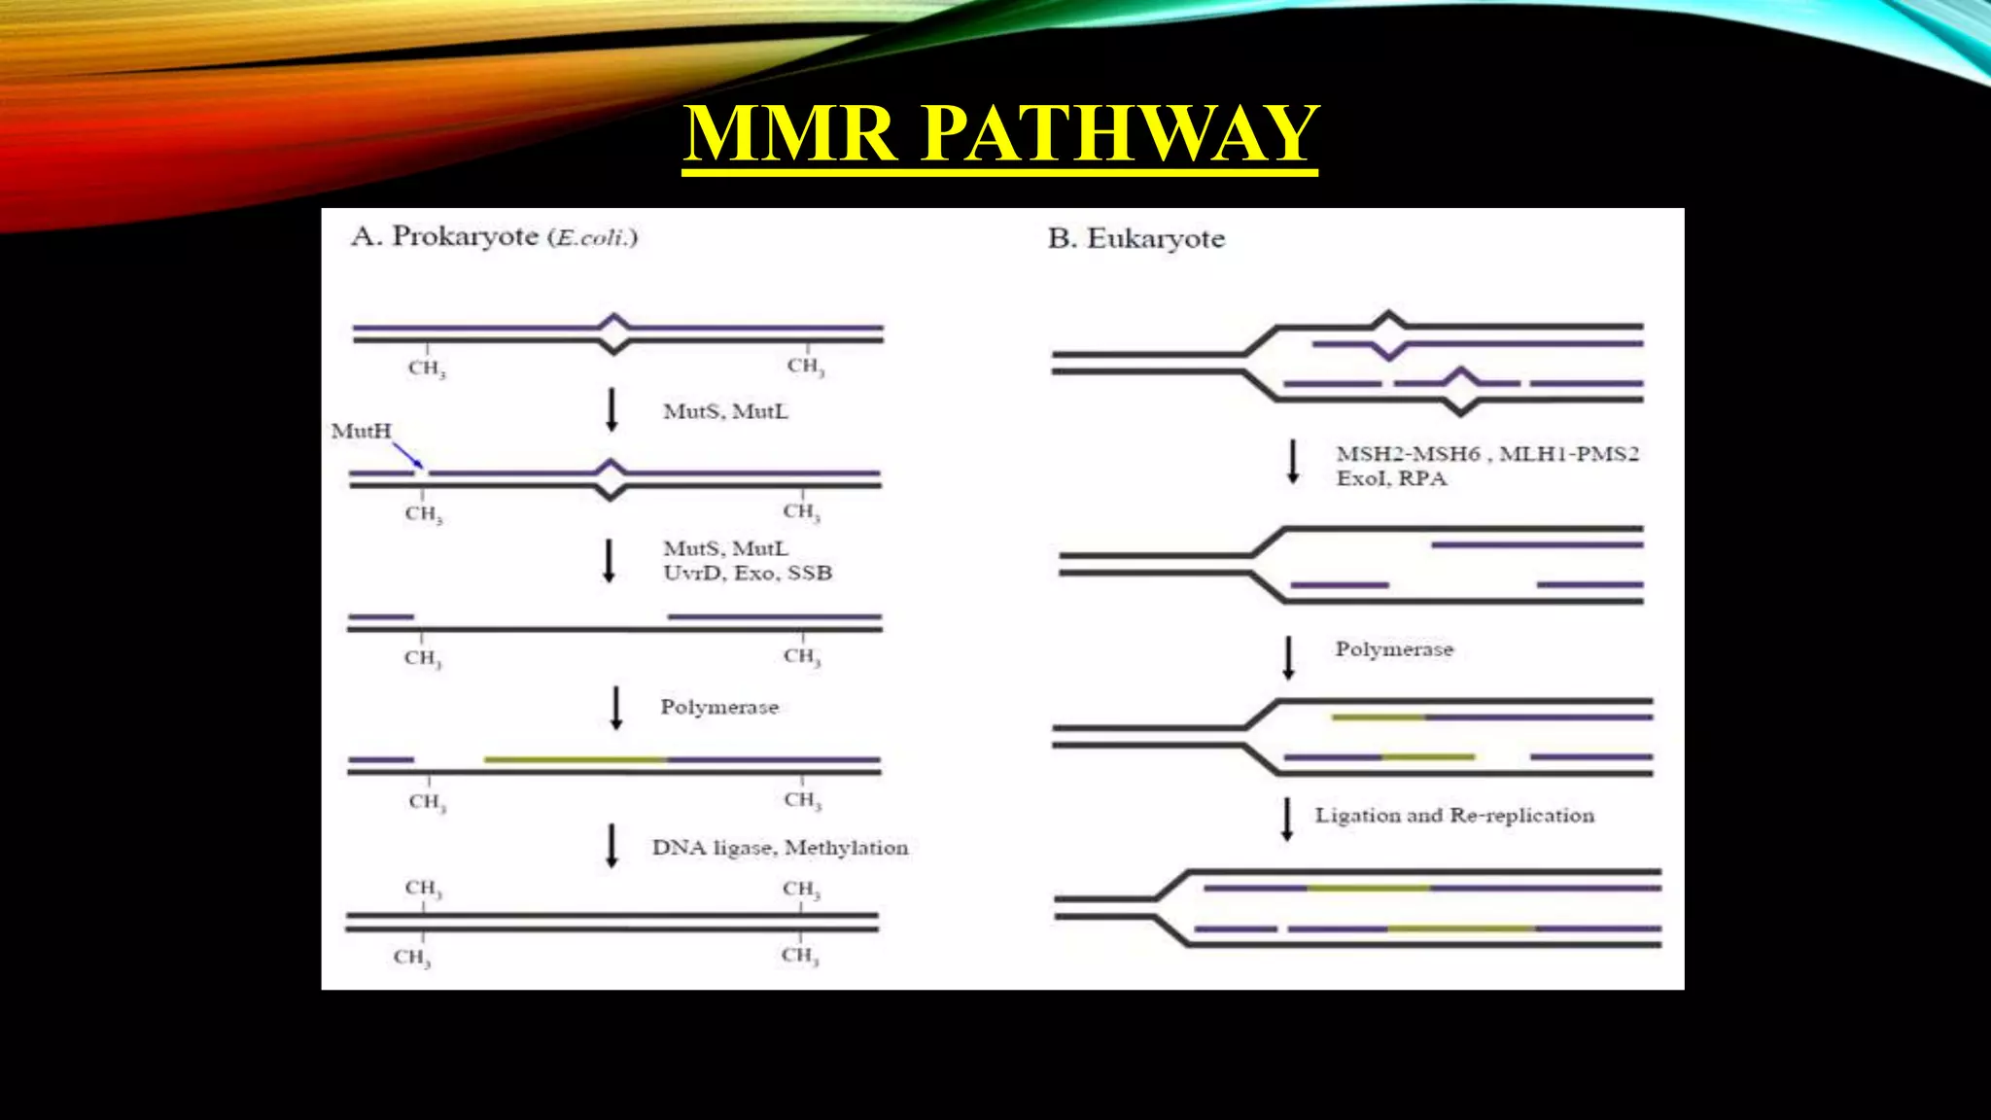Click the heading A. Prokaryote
coord(444,236)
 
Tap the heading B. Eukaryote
coord(1135,238)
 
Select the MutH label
coord(361,431)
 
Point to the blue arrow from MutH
coord(407,455)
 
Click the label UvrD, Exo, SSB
coord(747,573)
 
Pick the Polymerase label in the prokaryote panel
coord(719,707)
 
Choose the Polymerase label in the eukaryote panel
coord(1393,648)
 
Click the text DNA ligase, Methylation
coord(780,848)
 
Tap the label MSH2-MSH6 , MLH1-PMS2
coord(1486,453)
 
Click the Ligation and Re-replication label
coord(1454,815)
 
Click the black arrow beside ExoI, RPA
coord(1293,461)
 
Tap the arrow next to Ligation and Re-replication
coord(1287,819)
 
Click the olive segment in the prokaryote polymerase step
coord(576,758)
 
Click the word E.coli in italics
coord(592,237)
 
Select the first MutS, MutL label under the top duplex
coord(725,411)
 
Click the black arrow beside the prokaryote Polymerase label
coord(615,708)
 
